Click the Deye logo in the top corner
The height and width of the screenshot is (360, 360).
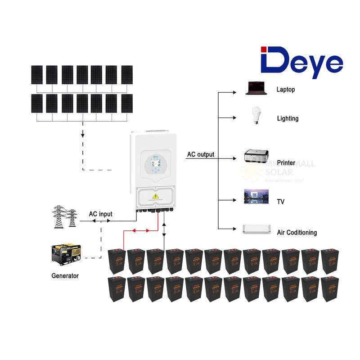[x=301, y=62]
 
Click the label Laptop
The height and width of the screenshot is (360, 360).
[x=286, y=90]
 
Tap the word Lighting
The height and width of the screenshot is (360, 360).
[x=288, y=118]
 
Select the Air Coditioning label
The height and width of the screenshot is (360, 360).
[x=297, y=233]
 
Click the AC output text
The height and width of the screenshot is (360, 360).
[x=201, y=154]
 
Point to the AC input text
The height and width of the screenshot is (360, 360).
[x=100, y=214]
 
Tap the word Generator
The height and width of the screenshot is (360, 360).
[x=65, y=275]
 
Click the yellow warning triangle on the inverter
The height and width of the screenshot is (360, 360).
[x=156, y=196]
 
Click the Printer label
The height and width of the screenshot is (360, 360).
[x=286, y=162]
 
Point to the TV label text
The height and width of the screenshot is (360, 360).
[x=281, y=202]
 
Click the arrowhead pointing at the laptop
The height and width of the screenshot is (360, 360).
[x=234, y=93]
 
